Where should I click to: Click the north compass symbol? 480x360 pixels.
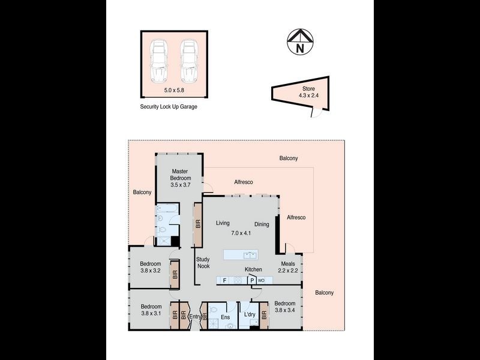[x=296, y=42]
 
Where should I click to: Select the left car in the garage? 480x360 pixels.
[x=160, y=62]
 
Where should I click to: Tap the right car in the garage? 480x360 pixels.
[x=188, y=62]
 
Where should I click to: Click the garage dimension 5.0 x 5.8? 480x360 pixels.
[x=175, y=91]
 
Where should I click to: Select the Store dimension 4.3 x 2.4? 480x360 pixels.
[x=309, y=95]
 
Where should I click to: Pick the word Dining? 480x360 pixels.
[x=262, y=224]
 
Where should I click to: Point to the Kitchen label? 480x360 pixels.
[x=253, y=270]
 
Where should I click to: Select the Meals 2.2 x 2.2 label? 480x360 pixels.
[x=288, y=267]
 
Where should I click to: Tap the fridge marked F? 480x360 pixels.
[x=224, y=280]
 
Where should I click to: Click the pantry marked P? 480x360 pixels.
[x=252, y=280]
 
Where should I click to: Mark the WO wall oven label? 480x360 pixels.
[x=261, y=280]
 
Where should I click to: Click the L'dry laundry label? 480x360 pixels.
[x=248, y=313]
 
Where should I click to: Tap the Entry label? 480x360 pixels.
[x=195, y=316]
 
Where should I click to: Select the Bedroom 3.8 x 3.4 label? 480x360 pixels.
[x=286, y=307]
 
